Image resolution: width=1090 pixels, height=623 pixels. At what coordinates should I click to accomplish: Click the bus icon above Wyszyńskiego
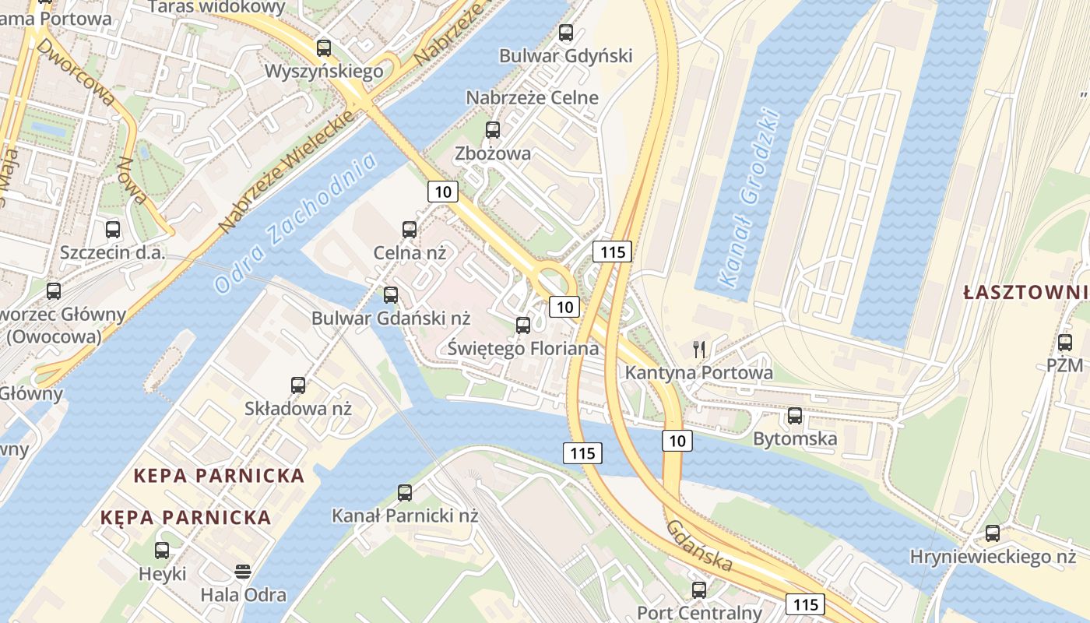coord(324,48)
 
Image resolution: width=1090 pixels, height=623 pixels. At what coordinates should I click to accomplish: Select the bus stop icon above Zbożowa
coord(492,130)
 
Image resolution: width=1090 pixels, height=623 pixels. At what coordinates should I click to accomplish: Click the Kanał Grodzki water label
coord(749,198)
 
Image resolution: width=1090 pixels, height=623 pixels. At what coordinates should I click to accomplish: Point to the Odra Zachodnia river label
coord(295,223)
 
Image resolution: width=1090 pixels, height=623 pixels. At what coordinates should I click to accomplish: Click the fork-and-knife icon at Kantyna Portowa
coord(699,350)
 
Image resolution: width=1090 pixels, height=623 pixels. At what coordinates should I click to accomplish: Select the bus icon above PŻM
coord(1065,342)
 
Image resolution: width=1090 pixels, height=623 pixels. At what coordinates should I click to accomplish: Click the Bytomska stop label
coord(795,438)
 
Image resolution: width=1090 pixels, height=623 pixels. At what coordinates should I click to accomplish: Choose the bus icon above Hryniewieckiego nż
coord(993,533)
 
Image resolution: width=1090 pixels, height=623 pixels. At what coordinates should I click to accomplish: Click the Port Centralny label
coord(699,613)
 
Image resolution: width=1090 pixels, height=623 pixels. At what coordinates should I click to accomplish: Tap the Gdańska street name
coord(699,546)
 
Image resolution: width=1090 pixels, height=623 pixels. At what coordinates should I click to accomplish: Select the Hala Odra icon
coord(243,572)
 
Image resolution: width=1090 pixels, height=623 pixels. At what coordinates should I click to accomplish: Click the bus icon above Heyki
coord(162,551)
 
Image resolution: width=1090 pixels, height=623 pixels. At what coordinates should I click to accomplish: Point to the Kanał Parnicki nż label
coord(405,516)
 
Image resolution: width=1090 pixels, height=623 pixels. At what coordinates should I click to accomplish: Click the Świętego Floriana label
coord(523,348)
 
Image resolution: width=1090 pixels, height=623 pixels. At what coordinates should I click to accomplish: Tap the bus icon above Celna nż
coord(410,229)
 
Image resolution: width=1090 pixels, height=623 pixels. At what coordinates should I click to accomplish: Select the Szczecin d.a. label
coord(113,253)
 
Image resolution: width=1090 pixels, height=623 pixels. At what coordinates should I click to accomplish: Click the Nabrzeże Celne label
coord(533,98)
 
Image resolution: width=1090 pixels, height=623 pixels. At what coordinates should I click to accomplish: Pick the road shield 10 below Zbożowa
coord(442,192)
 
